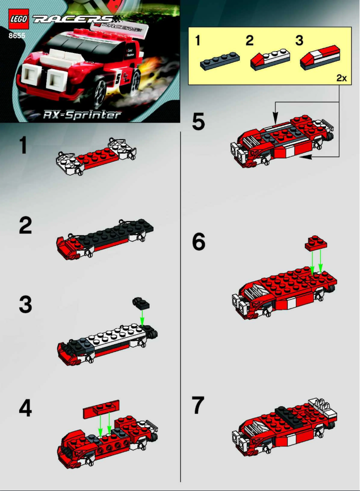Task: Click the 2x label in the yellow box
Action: (342, 78)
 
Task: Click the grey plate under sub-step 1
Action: (220, 62)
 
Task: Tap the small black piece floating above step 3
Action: (140, 303)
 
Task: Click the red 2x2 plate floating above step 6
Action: (316, 243)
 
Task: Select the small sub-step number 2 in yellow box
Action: (250, 41)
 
